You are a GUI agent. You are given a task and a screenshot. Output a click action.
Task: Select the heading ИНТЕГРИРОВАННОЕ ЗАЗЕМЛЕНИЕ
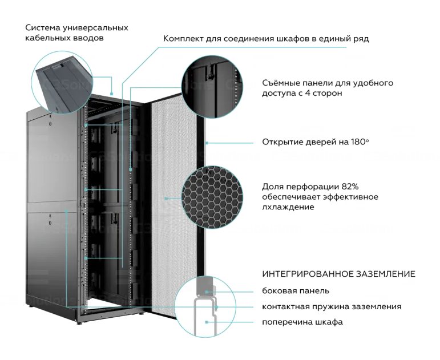[x=338, y=274]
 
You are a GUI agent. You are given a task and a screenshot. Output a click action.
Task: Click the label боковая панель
[x=296, y=291]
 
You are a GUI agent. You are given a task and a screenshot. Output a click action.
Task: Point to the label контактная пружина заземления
[x=331, y=306]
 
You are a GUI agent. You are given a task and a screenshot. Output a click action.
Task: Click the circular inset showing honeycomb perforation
[x=212, y=197]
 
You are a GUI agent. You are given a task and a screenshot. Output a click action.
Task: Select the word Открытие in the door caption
[x=283, y=141]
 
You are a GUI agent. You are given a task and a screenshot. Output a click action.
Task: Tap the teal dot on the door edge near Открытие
[x=206, y=141]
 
